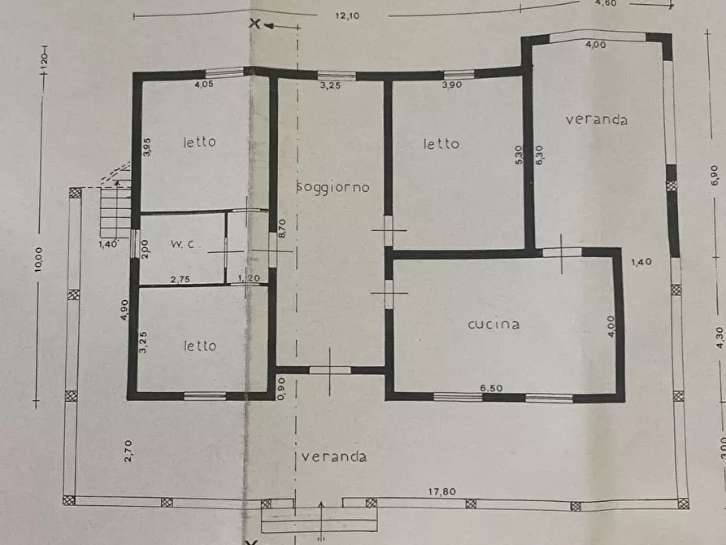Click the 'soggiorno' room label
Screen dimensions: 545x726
tap(333, 187)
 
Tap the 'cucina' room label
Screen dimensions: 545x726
tap(493, 324)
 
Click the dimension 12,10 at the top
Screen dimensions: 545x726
tap(347, 15)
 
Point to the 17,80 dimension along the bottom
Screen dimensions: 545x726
tap(444, 490)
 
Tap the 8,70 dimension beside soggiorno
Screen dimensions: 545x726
tap(282, 228)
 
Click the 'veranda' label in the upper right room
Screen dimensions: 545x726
tap(596, 120)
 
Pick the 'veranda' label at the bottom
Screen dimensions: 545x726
tap(333, 456)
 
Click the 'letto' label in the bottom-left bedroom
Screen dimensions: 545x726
tap(199, 346)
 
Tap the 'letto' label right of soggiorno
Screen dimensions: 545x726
tap(441, 144)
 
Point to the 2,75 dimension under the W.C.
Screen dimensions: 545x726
tap(180, 279)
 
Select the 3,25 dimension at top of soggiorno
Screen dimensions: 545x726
tap(328, 85)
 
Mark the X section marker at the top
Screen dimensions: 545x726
tap(254, 24)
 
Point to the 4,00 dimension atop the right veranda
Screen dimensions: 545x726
tap(595, 45)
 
